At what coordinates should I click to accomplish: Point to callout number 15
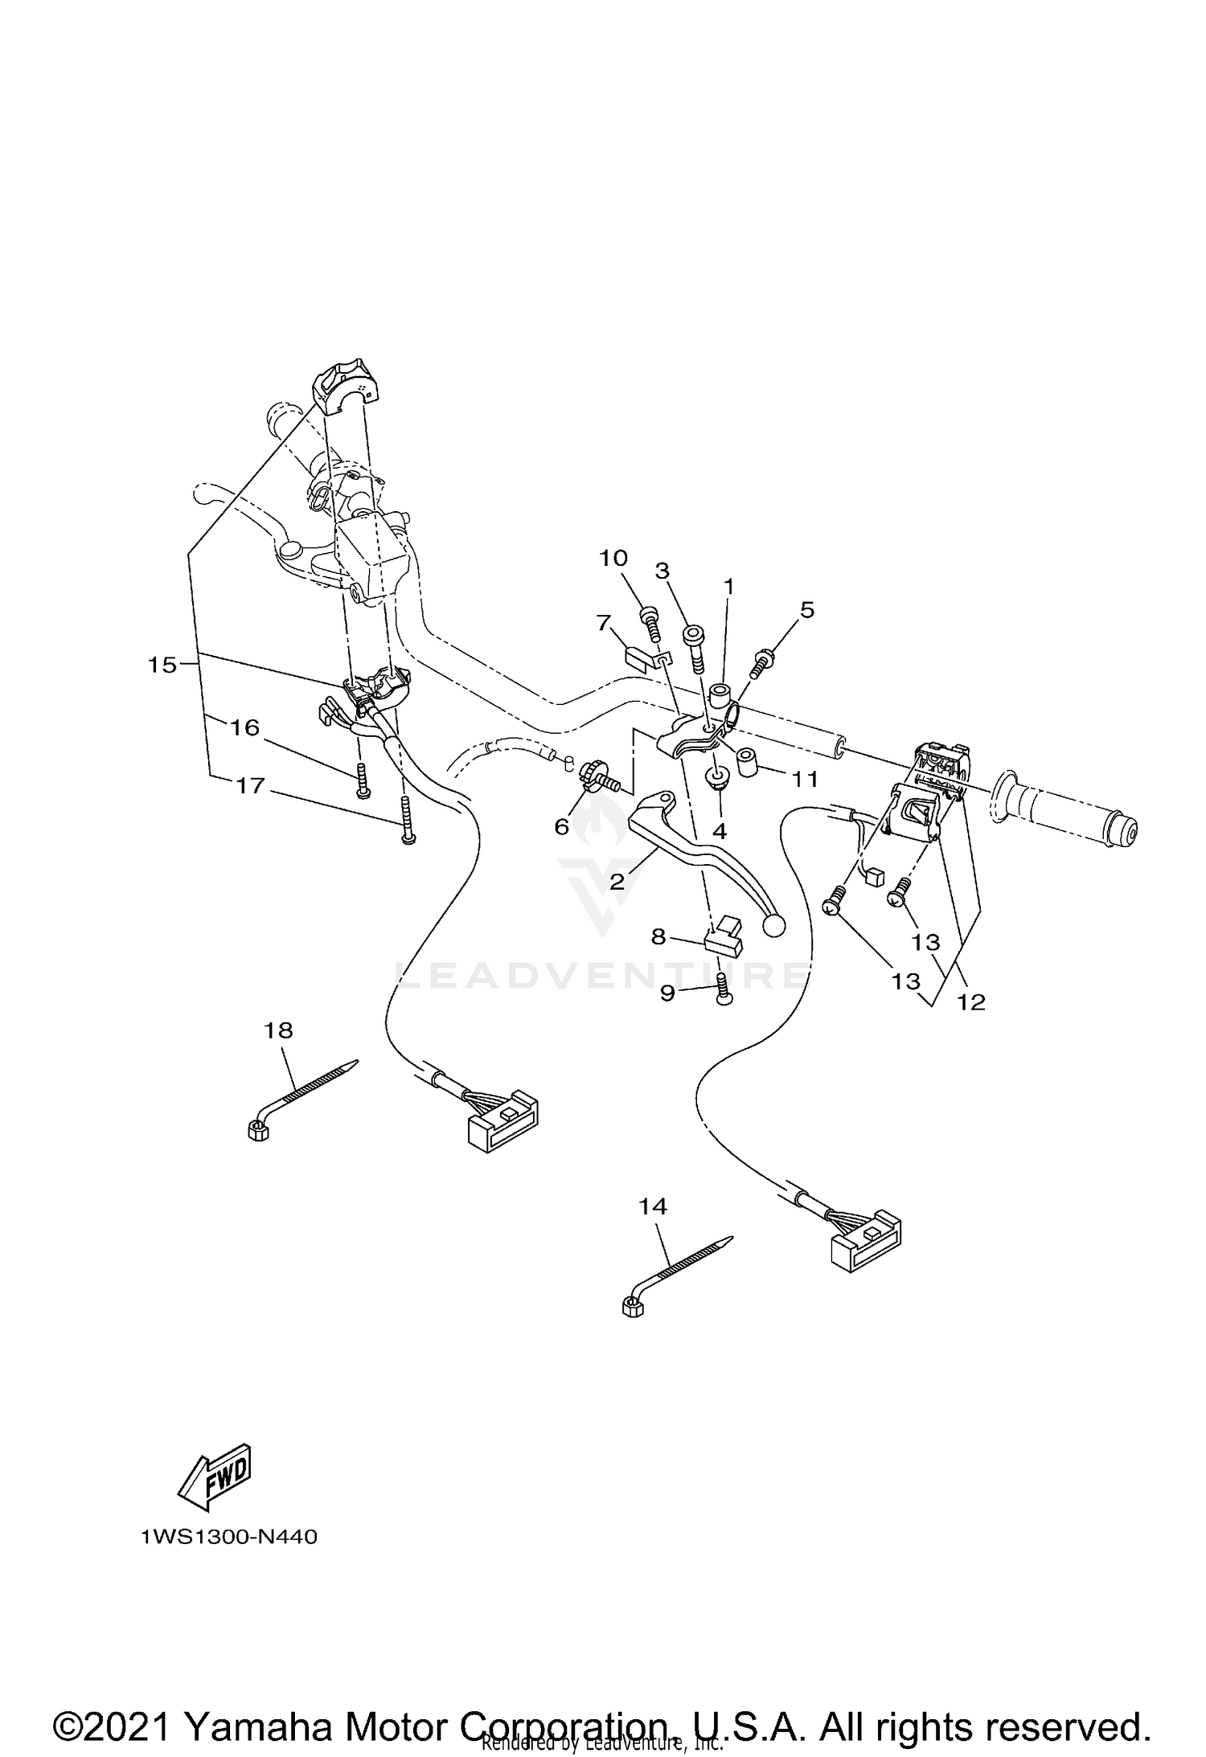click(x=162, y=665)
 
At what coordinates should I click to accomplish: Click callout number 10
click(x=613, y=558)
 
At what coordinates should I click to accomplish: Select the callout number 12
click(x=971, y=1001)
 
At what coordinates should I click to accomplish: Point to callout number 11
click(x=805, y=779)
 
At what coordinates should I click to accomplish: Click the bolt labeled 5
click(x=761, y=664)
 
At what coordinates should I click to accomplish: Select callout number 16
click(x=245, y=727)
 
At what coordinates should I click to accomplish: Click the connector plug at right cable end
click(x=866, y=1247)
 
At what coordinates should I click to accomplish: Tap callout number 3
click(x=662, y=571)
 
